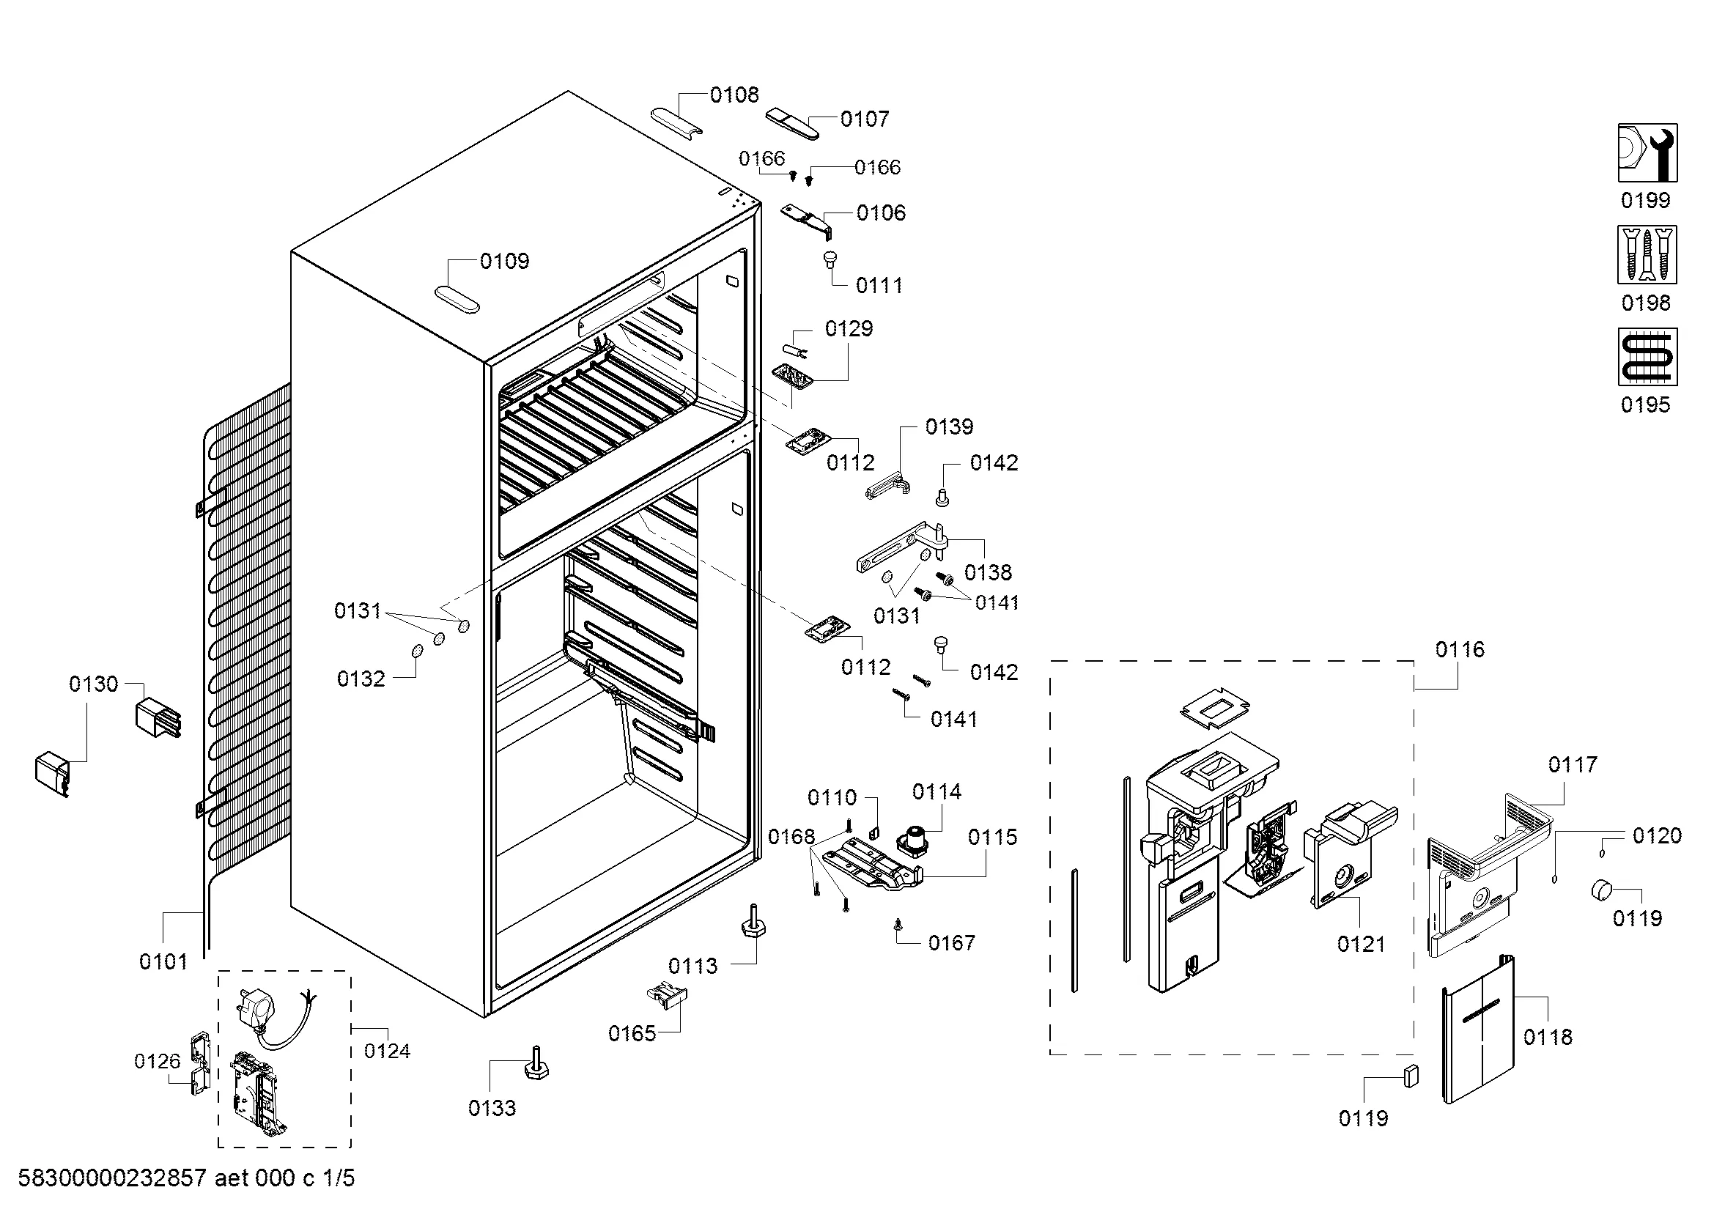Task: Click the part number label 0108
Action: pos(734,95)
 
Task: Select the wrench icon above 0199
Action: pos(1647,153)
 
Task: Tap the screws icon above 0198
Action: pos(1647,255)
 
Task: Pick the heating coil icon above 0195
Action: pos(1647,357)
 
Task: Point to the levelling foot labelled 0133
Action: pos(536,1063)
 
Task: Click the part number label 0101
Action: pos(163,961)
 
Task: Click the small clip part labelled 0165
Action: pos(667,996)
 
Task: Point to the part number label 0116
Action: pos(1460,649)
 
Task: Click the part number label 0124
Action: pos(388,1051)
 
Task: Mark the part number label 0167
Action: pos(952,943)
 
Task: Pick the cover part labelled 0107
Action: pos(793,123)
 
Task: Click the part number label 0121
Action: pos(1361,944)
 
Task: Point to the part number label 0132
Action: pos(361,679)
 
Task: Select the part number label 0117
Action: pos(1572,764)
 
